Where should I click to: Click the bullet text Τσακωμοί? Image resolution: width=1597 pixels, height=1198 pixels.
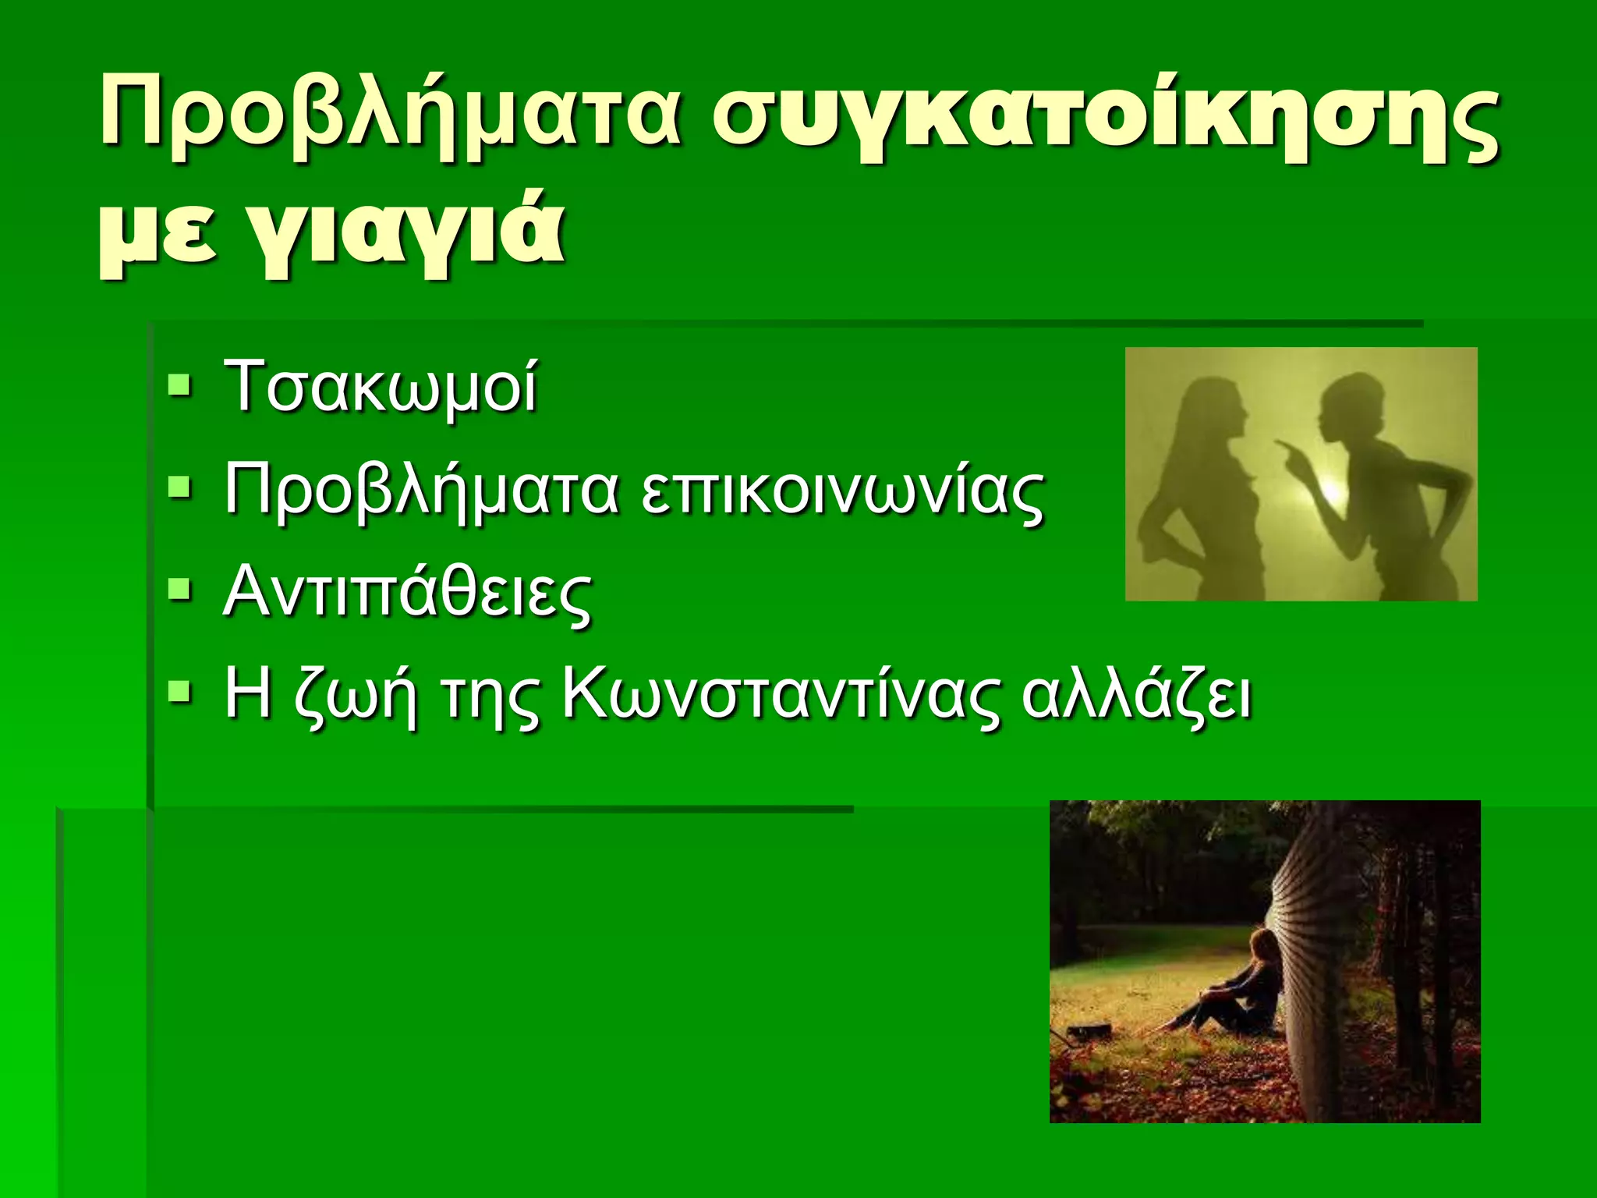click(381, 387)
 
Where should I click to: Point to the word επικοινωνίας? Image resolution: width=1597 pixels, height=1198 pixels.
click(842, 491)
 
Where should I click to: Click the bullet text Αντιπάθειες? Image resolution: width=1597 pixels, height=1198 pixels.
click(407, 594)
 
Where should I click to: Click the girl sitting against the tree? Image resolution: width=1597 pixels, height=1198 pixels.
click(1240, 991)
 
